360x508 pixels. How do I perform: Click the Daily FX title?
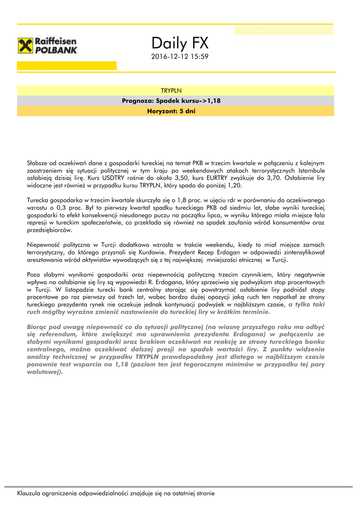(x=180, y=44)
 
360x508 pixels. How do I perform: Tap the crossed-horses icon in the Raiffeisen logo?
(x=25, y=46)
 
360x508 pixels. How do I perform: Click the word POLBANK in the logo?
(x=56, y=51)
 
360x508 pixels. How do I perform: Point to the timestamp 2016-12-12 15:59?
(x=180, y=57)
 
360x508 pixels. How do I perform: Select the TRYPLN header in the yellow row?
(x=171, y=91)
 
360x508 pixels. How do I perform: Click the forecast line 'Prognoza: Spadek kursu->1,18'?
(x=171, y=101)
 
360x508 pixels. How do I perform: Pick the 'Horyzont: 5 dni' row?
(x=171, y=111)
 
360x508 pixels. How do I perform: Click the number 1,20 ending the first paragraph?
(x=233, y=185)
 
